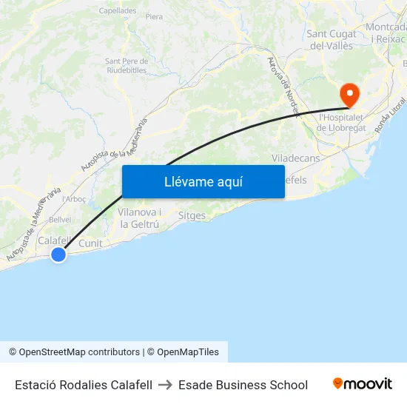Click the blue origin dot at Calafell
[58, 255]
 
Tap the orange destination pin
[348, 95]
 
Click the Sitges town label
[192, 215]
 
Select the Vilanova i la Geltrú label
[140, 218]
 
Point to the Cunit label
[90, 243]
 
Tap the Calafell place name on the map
[54, 240]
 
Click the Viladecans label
[296, 158]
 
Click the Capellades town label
[118, 11]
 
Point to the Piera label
[154, 16]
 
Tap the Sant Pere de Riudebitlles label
[127, 66]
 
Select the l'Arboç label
[75, 199]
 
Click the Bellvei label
[60, 219]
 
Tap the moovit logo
[363, 384]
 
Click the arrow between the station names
[165, 385]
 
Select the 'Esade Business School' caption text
[243, 385]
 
